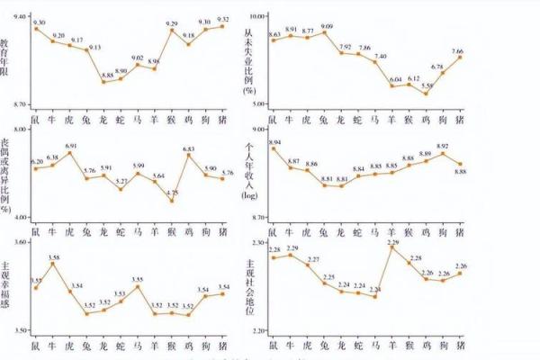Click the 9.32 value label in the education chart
[223, 19]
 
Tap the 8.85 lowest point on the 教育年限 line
[104, 82]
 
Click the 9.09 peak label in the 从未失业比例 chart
[327, 27]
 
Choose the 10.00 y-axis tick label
[258, 16]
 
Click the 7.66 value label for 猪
[458, 51]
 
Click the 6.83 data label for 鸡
[189, 148]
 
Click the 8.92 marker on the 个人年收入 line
[443, 153]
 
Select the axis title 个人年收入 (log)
[248, 171]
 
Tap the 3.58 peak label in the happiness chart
[54, 257]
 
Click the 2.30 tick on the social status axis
[259, 243]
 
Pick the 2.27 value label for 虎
[313, 259]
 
